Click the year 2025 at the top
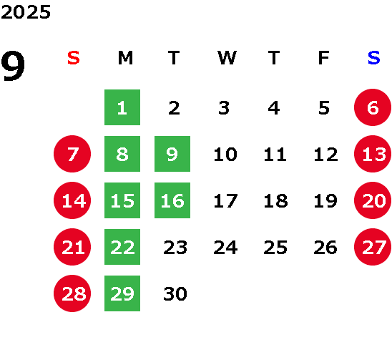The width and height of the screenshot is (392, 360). coord(26,12)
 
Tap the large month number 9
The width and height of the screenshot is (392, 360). coord(13,66)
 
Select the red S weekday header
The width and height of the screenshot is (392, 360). coord(74,58)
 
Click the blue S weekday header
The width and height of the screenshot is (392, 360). coord(374,58)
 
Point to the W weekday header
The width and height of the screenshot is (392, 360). coord(227,58)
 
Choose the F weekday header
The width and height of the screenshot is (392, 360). coord(324,58)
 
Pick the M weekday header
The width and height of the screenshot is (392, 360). coord(125,58)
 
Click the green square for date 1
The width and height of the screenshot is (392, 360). coord(122,107)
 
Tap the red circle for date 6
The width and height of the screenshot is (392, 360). coord(373,107)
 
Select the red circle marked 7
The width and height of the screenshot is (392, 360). coord(72,154)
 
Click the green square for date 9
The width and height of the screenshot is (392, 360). coord(172,154)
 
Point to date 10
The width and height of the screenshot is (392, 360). coord(225,154)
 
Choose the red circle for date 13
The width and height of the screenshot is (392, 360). coord(373,154)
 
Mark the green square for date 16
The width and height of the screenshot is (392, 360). coord(172,200)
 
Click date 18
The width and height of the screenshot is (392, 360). coord(275,200)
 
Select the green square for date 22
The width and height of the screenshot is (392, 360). coord(122,247)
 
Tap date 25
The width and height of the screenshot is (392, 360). coord(275,248)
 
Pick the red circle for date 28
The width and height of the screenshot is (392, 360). coord(72,293)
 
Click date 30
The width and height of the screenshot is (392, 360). coord(175,293)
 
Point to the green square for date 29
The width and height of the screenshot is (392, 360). coord(122,293)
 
